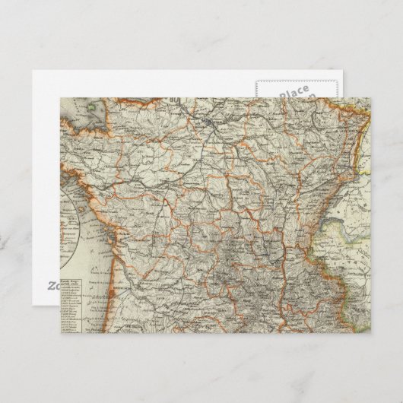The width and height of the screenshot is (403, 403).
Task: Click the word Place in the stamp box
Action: tap(294, 92)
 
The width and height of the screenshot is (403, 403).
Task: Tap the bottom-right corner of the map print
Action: tap(372, 333)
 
